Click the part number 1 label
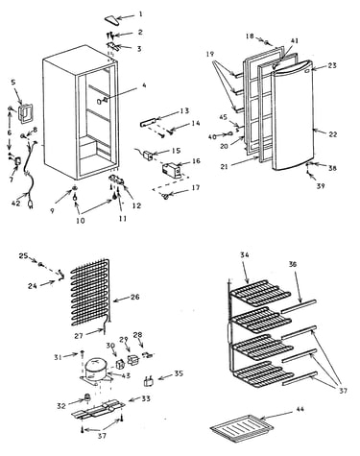(140, 13)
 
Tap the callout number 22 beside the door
(333, 134)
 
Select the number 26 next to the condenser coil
(135, 297)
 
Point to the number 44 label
(300, 409)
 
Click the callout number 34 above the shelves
(245, 255)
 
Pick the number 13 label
(184, 111)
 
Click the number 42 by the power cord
(16, 204)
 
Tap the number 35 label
(179, 373)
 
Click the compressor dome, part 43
(95, 367)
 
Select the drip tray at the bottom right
(242, 428)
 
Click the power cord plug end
(31, 204)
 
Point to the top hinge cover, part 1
(112, 19)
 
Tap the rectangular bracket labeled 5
(25, 112)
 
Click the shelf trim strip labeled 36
(299, 306)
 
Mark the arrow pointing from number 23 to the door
(318, 67)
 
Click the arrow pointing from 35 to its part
(165, 376)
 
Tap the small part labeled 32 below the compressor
(85, 398)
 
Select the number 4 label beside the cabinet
(144, 85)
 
